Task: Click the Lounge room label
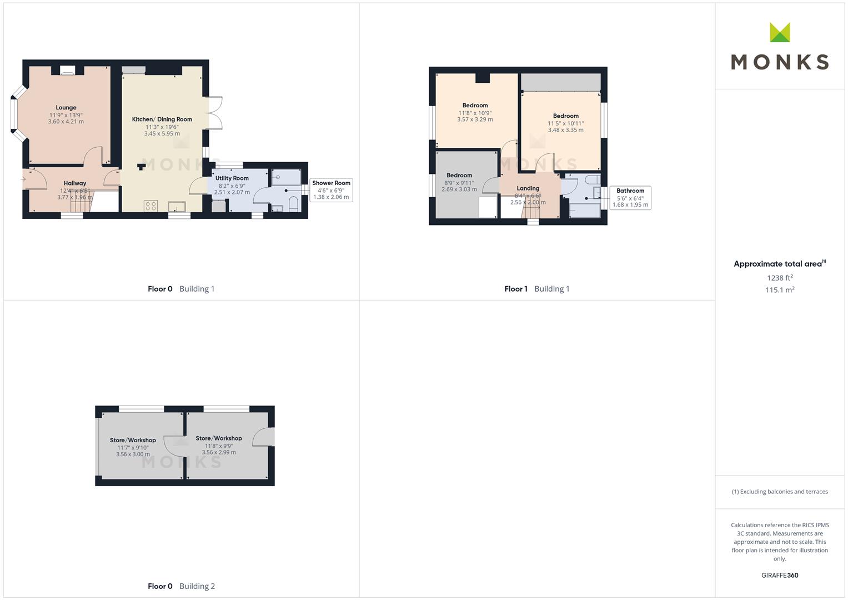click(x=66, y=108)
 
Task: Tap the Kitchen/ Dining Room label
click(x=162, y=119)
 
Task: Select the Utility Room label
click(x=232, y=178)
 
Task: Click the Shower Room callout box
click(x=331, y=190)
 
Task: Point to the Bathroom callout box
click(x=630, y=198)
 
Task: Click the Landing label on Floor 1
click(x=528, y=188)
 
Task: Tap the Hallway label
click(x=75, y=183)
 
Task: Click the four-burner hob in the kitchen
click(x=150, y=206)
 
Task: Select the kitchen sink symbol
click(x=177, y=207)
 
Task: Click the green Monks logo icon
click(x=780, y=32)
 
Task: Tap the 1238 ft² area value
click(x=780, y=278)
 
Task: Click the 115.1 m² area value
click(x=780, y=290)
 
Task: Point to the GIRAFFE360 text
click(x=780, y=575)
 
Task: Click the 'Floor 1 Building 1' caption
click(x=537, y=289)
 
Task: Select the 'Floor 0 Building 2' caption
click(x=182, y=586)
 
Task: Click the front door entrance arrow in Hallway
click(x=23, y=179)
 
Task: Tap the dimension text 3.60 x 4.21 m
click(x=66, y=122)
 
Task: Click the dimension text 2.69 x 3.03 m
click(x=459, y=189)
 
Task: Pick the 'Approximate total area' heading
click(x=780, y=264)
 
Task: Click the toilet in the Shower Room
click(x=293, y=204)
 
